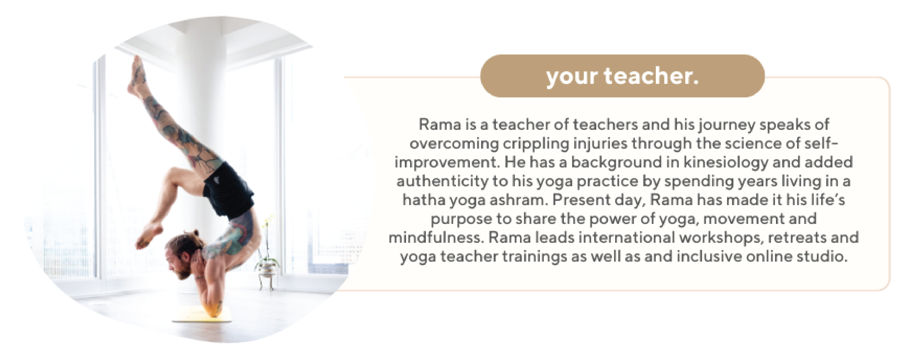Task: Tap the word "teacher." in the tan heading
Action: [x=652, y=76]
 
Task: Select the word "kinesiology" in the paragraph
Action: [x=725, y=163]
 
